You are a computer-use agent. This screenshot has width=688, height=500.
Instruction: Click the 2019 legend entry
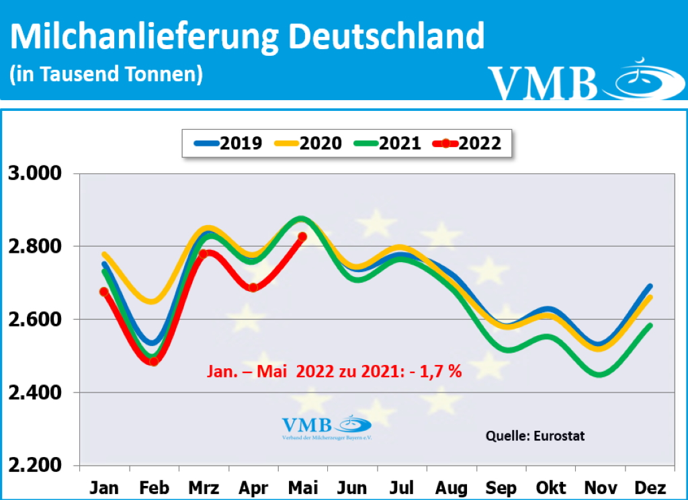[228, 142]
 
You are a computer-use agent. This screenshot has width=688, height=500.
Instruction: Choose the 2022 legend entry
[468, 142]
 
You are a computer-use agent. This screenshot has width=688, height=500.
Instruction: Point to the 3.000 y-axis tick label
[33, 174]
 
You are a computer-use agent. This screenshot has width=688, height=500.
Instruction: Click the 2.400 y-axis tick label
[33, 392]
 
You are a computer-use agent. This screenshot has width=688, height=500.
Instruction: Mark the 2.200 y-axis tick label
[33, 465]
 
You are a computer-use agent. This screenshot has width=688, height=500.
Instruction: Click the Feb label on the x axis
[153, 487]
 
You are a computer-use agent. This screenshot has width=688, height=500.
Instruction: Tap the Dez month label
[650, 487]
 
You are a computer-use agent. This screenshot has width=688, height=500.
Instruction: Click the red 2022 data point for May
[302, 237]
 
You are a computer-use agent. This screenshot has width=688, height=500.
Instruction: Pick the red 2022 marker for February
[153, 362]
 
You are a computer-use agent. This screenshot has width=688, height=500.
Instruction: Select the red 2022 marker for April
[253, 288]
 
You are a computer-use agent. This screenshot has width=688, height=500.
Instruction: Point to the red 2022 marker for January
[104, 292]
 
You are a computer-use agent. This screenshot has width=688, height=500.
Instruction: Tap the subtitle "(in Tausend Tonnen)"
[106, 74]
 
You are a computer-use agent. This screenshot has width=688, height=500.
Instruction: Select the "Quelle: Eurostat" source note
[535, 435]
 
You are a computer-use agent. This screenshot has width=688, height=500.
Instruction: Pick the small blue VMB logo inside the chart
[326, 427]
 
